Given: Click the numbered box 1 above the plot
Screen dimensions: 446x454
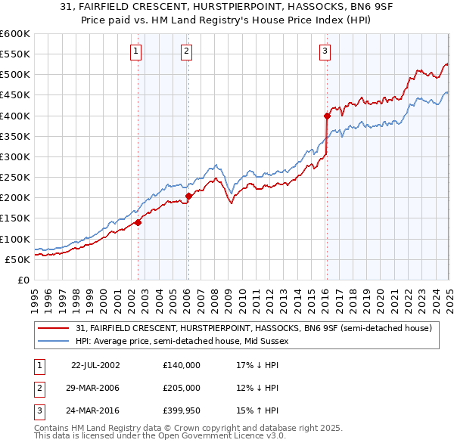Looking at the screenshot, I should coord(135,51).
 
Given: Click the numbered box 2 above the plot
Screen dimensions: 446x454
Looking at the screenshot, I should coord(186,51).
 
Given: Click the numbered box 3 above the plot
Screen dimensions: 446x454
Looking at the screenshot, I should coord(325,51).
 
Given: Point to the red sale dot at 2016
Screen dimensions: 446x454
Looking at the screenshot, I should coord(327,116).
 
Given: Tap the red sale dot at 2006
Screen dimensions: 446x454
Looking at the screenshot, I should coord(188,196).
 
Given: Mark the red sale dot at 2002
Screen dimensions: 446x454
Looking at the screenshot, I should coord(138,222).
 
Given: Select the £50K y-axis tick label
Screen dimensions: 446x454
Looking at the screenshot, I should coord(17,259).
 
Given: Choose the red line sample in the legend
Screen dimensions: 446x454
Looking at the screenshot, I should coord(54,328).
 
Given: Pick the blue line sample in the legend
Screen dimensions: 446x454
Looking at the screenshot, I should coord(54,341).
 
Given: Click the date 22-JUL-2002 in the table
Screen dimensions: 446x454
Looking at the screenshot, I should coord(95,364).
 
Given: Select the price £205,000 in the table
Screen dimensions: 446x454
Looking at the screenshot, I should coord(182,388).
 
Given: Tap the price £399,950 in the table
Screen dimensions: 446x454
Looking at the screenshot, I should coord(182,411).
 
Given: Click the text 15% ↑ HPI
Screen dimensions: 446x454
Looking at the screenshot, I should coord(257,411).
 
